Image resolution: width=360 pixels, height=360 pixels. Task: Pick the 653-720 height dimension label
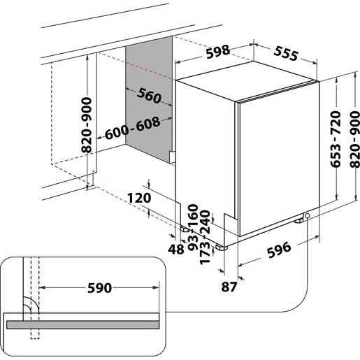click(x=335, y=137)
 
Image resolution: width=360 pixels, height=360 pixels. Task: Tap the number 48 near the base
click(x=176, y=248)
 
